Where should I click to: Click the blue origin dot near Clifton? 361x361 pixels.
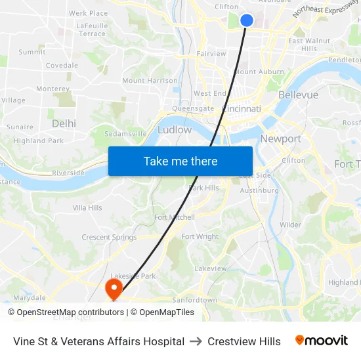[247, 20]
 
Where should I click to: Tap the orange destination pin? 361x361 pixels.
[114, 287]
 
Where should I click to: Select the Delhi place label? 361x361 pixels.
[64, 123]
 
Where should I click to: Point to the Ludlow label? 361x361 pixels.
[175, 130]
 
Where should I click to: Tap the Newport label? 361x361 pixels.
[280, 139]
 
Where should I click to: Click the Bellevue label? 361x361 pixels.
[298, 95]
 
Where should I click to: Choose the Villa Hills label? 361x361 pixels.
[87, 208]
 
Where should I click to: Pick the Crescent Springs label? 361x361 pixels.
[109, 238]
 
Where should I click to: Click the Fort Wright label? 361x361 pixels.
[200, 237]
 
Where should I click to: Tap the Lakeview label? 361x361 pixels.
[210, 268]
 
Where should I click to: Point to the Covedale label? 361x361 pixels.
[62, 66]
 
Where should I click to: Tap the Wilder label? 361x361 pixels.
[290, 225]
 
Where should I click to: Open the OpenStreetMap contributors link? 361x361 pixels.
[70, 312]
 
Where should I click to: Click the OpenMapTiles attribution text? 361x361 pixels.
[166, 312]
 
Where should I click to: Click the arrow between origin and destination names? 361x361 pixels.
[196, 341]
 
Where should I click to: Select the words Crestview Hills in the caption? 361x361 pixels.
[244, 341]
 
